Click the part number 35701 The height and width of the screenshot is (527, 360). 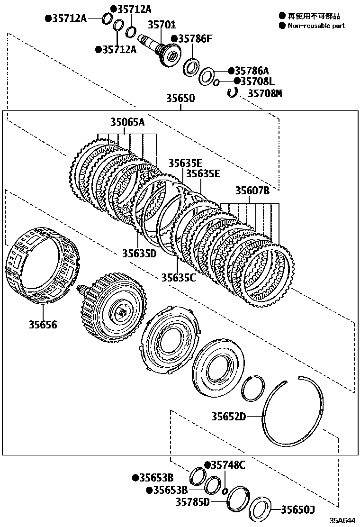point(162,25)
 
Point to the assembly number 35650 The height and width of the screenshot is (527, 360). point(180,99)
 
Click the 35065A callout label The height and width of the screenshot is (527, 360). point(127,123)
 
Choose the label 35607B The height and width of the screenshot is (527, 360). point(252,191)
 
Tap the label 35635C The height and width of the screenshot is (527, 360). point(178,277)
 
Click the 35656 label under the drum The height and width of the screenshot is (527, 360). point(42,325)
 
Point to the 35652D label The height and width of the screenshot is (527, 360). point(229,417)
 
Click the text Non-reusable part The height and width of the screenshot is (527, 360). point(316,26)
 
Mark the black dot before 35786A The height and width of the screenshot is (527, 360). point(231,71)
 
